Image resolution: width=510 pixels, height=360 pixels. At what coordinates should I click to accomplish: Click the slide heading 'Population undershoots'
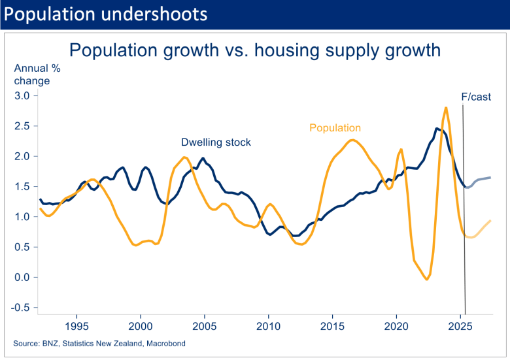(107, 14)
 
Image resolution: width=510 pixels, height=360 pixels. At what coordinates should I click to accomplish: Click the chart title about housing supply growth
(255, 50)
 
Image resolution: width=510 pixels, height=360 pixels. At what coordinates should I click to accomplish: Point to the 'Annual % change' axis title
(32, 74)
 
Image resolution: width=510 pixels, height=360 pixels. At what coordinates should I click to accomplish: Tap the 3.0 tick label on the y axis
(22, 95)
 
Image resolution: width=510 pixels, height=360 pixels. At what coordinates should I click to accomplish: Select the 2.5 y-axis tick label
(22, 126)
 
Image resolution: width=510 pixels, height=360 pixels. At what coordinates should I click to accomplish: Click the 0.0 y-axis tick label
(22, 277)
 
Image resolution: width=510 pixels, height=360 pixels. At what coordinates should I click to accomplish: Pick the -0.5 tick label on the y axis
(20, 308)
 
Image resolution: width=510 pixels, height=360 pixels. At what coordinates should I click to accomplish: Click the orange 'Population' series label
(335, 128)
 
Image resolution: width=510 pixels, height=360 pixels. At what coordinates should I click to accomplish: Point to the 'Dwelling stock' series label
(216, 142)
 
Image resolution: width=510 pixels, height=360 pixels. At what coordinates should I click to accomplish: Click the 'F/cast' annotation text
(476, 97)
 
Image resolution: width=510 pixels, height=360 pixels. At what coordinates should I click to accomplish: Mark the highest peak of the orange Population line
(446, 108)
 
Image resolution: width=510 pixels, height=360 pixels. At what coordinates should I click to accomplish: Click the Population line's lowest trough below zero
(427, 280)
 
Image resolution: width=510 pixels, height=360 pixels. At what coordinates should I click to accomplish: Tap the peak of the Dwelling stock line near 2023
(437, 129)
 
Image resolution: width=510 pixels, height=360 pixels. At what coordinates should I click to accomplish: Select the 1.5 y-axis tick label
(22, 186)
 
